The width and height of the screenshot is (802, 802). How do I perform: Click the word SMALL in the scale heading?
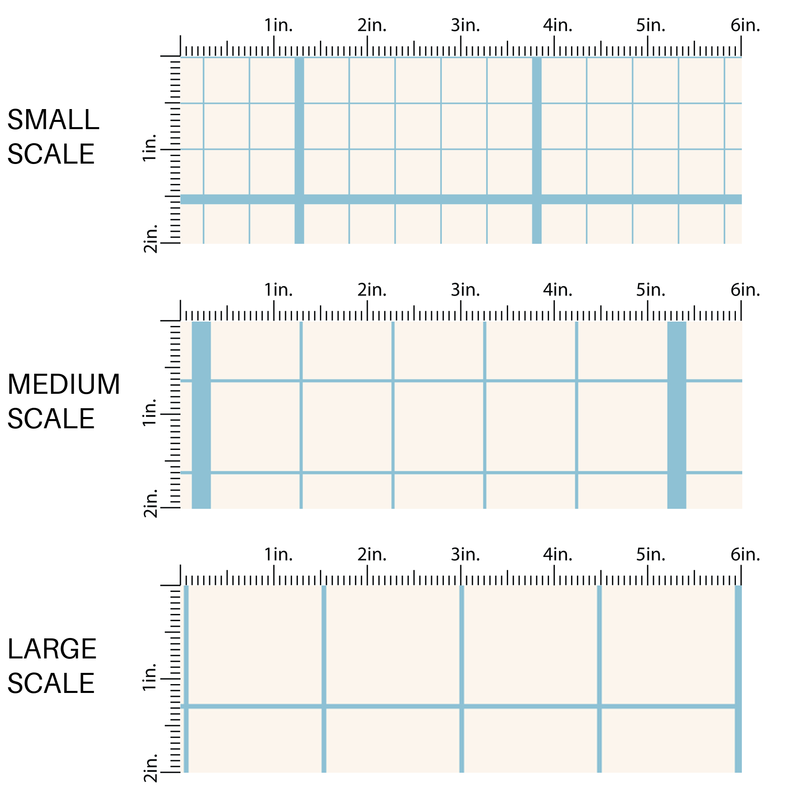pyautogui.click(x=53, y=120)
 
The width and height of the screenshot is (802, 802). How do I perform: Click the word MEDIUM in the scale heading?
pyautogui.click(x=63, y=385)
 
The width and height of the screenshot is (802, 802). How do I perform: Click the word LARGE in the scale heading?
pyautogui.click(x=52, y=649)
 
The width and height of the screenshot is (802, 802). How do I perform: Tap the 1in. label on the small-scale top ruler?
pyautogui.click(x=278, y=26)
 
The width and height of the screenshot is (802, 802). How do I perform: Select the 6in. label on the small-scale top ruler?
pyautogui.click(x=745, y=26)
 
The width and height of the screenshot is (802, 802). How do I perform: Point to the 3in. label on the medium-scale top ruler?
pyautogui.click(x=465, y=290)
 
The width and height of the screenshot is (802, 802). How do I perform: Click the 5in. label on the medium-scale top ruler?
pyautogui.click(x=650, y=290)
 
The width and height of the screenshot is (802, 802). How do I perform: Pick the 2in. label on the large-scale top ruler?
pyautogui.click(x=372, y=555)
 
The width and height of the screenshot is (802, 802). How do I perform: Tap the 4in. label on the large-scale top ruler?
pyautogui.click(x=557, y=555)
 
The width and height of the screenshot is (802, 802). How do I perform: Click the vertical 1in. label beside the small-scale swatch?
pyautogui.click(x=150, y=148)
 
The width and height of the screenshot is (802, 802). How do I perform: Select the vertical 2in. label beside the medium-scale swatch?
pyautogui.click(x=150, y=504)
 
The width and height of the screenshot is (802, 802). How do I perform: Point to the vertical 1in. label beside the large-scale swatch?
pyautogui.click(x=150, y=677)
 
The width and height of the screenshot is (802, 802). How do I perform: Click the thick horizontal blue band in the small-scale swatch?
pyautogui.click(x=415, y=199)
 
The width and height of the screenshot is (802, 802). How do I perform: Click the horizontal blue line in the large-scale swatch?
pyautogui.click(x=394, y=707)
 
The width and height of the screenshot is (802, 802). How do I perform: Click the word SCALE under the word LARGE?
pyautogui.click(x=51, y=684)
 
